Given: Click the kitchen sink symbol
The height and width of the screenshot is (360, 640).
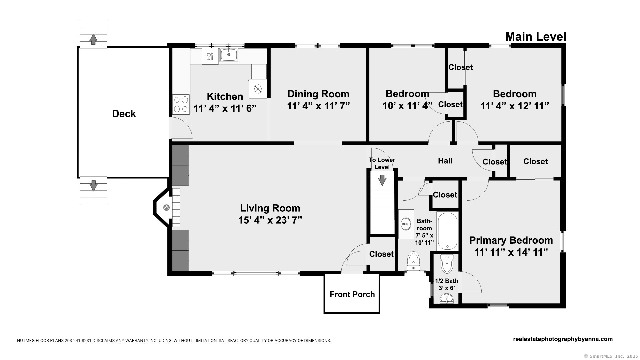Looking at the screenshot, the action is (x=229, y=55).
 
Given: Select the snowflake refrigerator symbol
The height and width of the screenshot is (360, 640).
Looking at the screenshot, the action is (x=258, y=89).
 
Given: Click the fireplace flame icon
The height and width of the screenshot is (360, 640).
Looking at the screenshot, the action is (x=166, y=208).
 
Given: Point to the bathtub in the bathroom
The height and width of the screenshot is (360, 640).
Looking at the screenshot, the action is (x=447, y=231).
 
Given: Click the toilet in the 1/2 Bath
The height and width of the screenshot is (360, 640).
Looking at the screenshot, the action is (x=447, y=264).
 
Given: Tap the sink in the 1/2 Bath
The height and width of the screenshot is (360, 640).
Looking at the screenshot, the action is (x=447, y=299).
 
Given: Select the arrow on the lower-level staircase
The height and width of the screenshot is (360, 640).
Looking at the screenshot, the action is (x=382, y=180).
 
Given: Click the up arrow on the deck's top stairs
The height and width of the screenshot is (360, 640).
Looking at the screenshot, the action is (x=93, y=39).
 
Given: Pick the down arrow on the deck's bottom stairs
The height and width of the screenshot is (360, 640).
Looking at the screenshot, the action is (x=93, y=185).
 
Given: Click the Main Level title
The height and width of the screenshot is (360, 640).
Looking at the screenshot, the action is (x=536, y=37).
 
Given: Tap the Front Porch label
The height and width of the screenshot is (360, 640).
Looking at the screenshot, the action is (x=352, y=294).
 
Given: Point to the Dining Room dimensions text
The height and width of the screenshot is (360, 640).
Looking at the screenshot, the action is (x=318, y=106).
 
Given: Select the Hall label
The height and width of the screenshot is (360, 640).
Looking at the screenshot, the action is (x=445, y=161).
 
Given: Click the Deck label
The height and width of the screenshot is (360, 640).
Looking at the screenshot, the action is (x=124, y=114).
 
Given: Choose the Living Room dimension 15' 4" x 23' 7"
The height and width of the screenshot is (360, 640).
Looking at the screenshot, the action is (x=270, y=220).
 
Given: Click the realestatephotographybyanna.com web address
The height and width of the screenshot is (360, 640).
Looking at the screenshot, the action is (x=563, y=339).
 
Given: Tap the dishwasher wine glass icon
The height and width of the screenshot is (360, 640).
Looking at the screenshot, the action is (x=210, y=56).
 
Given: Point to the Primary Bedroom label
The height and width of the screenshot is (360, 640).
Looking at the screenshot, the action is (x=511, y=240).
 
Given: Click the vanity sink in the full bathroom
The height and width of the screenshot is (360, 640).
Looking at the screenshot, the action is (x=406, y=224).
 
